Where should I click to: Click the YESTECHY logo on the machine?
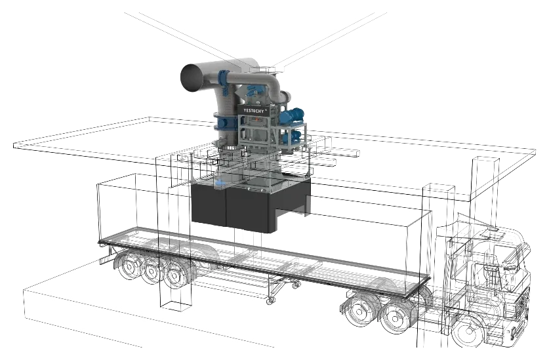click(254, 110)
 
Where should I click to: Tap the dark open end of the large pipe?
click(192, 78)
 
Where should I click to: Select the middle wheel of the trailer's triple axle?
click(152, 271)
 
